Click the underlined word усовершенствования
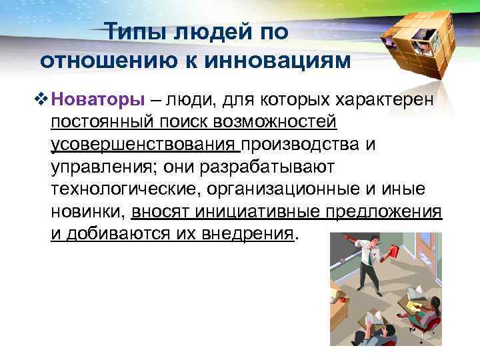coord(145,145)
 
